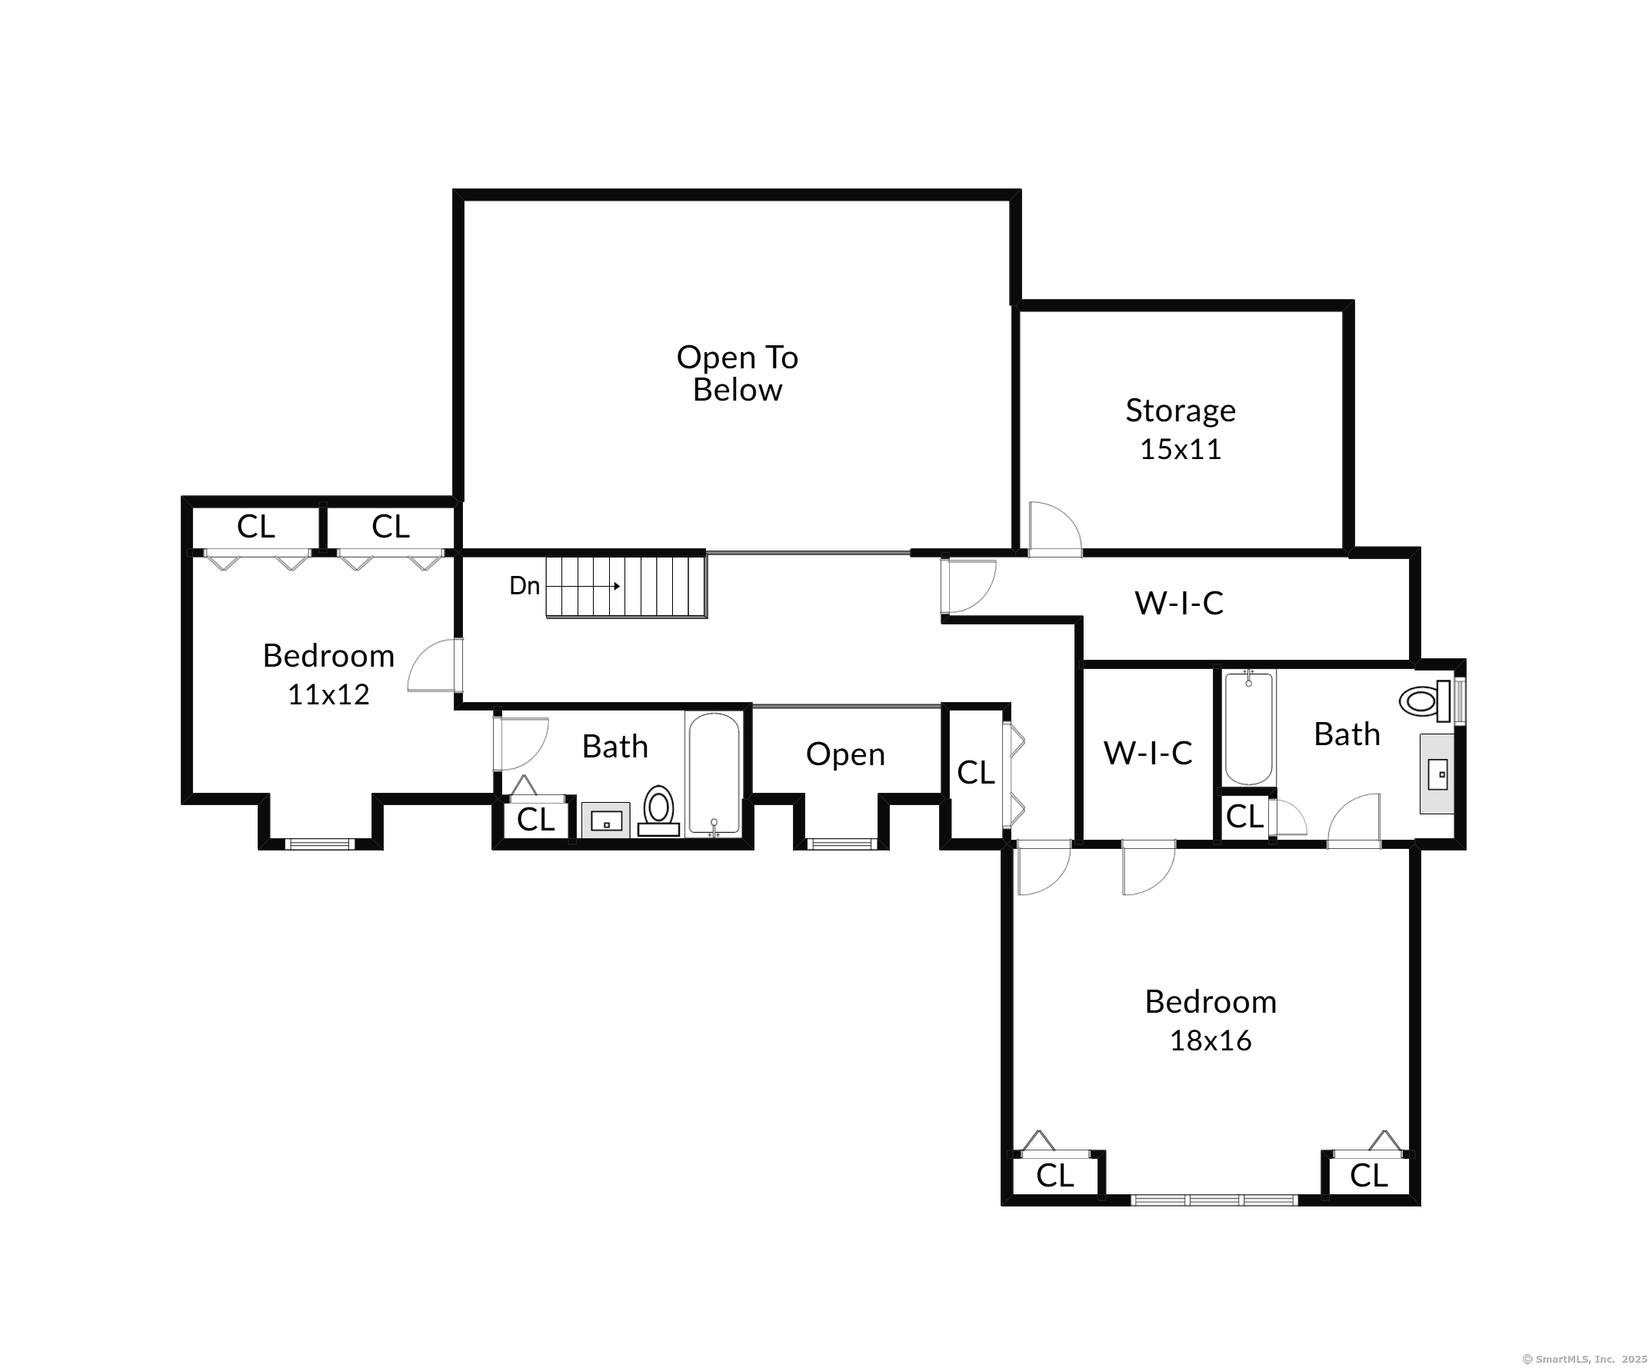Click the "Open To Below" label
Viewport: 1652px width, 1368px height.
point(737,374)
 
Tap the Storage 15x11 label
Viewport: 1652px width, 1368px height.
point(1180,429)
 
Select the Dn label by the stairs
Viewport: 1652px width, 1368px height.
point(524,585)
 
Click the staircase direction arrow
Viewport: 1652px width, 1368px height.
point(583,586)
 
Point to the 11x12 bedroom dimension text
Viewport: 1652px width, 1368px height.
point(328,694)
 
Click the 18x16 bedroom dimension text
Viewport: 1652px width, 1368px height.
point(1210,1040)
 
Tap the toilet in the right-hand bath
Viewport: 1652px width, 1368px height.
point(1424,700)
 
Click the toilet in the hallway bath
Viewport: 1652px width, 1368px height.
point(658,810)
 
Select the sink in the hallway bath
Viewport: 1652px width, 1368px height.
point(606,820)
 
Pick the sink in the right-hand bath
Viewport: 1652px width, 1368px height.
point(1437,774)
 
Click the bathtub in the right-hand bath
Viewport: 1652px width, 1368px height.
point(1248,727)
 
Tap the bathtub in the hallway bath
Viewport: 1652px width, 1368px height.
point(714,774)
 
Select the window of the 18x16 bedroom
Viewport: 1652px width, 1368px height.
point(1214,1200)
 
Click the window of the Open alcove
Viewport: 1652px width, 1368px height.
point(841,844)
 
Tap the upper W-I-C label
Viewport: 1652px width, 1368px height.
point(1178,604)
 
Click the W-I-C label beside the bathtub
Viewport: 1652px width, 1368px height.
point(1147,753)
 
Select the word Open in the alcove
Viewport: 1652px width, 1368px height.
point(845,754)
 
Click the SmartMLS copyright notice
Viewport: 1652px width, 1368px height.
point(1584,1359)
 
